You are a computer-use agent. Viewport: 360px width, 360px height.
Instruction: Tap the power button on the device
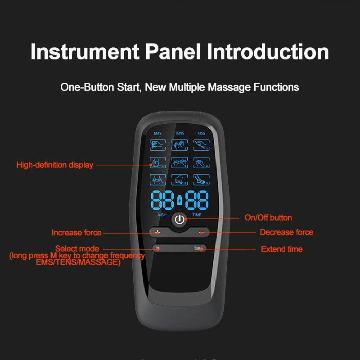pyautogui.click(x=180, y=220)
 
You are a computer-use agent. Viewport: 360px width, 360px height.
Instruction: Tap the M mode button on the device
pyautogui.click(x=157, y=248)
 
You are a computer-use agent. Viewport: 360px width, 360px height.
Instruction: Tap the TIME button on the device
pyautogui.click(x=198, y=248)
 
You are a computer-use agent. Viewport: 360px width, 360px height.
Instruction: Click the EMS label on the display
pyautogui.click(x=157, y=133)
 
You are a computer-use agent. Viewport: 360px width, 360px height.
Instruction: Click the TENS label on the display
pyautogui.click(x=179, y=133)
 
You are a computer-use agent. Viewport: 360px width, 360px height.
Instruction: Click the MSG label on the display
pyautogui.click(x=201, y=133)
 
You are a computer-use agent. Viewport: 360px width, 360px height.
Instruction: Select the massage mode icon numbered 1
pyautogui.click(x=158, y=145)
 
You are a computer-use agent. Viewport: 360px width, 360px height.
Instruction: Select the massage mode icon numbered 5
pyautogui.click(x=180, y=162)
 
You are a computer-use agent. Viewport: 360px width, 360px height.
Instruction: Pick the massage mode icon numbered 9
pyautogui.click(x=201, y=179)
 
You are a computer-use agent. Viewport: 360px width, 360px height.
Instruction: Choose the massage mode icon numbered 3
pyautogui.click(x=201, y=145)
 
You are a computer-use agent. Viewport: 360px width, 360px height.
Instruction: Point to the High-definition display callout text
pyautogui.click(x=55, y=165)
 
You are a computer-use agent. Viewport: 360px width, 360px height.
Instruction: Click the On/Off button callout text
pyautogui.click(x=268, y=218)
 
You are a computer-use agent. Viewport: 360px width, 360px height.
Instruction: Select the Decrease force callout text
pyautogui.click(x=286, y=233)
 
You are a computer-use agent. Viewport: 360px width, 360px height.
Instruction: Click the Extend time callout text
pyautogui.click(x=282, y=249)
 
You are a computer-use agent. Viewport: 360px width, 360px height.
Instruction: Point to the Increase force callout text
pyautogui.click(x=76, y=233)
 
